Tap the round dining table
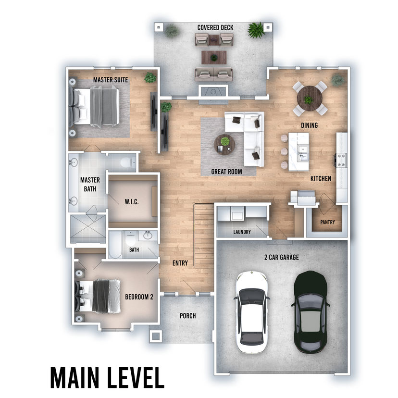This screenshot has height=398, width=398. [310, 98]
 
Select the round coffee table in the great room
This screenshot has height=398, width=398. [224, 144]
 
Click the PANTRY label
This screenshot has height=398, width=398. [327, 223]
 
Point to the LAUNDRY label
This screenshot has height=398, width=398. [242, 232]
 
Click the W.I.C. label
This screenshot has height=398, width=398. [132, 202]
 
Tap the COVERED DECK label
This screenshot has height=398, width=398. [215, 27]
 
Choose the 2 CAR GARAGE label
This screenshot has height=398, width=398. [282, 257]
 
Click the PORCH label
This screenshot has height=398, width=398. [188, 316]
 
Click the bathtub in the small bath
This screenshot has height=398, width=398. [116, 245]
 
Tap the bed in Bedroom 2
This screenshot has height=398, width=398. [98, 297]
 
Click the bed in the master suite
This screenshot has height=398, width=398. [94, 106]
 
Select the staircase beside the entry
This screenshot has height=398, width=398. [204, 236]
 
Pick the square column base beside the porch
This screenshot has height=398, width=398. [156, 336]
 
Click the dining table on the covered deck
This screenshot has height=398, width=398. [214, 58]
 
